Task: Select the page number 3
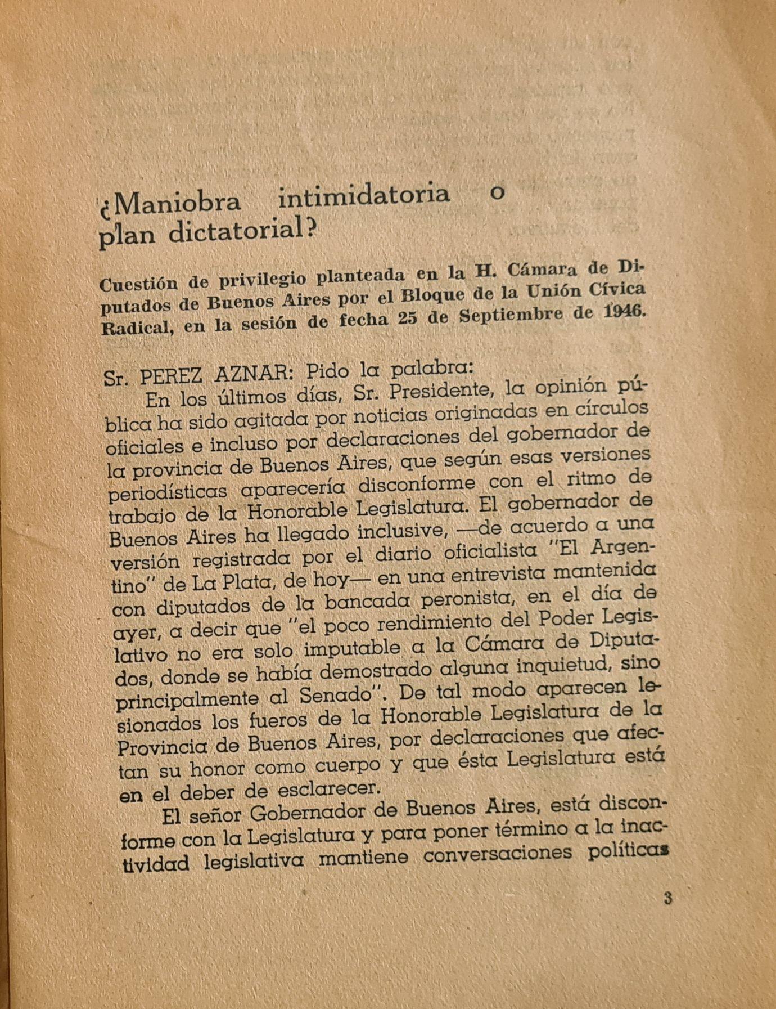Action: [x=667, y=897]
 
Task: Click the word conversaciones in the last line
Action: [x=497, y=855]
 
